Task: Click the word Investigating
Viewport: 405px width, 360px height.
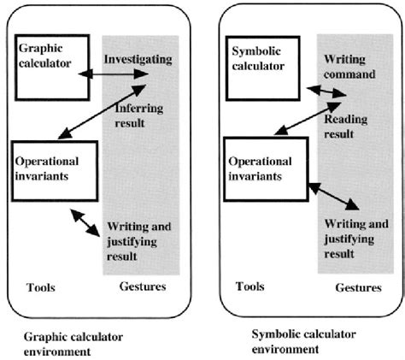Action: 138,59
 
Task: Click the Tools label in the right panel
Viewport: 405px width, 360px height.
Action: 250,286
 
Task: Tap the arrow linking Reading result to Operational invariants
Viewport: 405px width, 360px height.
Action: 297,126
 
